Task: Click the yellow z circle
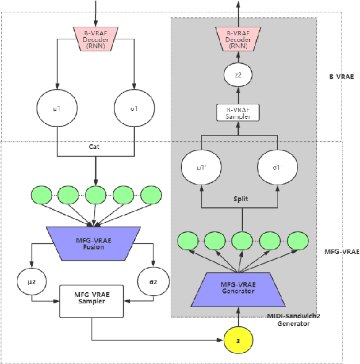[x=238, y=340]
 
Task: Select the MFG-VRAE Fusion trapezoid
[x=91, y=243]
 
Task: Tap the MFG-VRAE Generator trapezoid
[x=238, y=289]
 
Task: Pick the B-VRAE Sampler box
[x=238, y=112]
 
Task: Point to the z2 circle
[x=238, y=76]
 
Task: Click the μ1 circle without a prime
[x=57, y=108]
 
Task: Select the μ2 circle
[x=32, y=282]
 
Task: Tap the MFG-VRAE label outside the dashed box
[x=341, y=252]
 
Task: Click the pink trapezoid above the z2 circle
[x=238, y=39]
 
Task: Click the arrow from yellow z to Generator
[x=238, y=319]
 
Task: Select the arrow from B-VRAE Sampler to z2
[x=238, y=95]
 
